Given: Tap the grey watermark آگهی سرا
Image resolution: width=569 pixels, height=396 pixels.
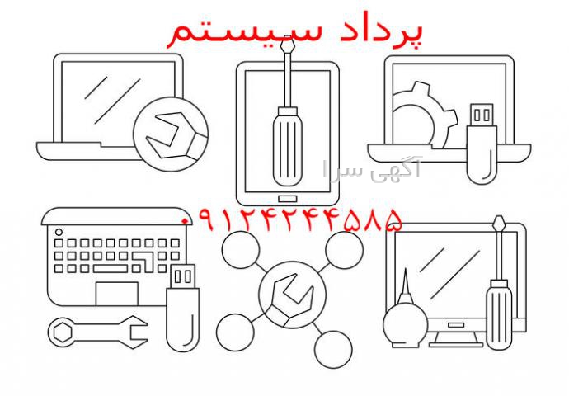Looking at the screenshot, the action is [372, 169].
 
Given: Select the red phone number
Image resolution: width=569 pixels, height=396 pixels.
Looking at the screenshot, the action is [292, 219].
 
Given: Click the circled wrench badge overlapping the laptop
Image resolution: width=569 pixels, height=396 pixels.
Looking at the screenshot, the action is [171, 134].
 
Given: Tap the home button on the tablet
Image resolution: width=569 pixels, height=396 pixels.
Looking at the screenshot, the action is [288, 199].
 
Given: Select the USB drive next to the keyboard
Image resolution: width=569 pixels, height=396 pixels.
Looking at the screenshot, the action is [182, 308].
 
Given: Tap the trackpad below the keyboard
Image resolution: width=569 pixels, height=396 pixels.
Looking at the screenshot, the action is [117, 294].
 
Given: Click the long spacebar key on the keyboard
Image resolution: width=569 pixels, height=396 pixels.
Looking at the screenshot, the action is [111, 269].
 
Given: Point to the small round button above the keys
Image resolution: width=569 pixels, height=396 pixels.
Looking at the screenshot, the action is [59, 232].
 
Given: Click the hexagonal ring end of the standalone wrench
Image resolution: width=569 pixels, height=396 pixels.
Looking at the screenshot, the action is [63, 332].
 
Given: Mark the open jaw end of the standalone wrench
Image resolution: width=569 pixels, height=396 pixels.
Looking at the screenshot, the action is [135, 332].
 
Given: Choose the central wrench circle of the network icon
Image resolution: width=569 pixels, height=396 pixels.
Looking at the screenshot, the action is [293, 295].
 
